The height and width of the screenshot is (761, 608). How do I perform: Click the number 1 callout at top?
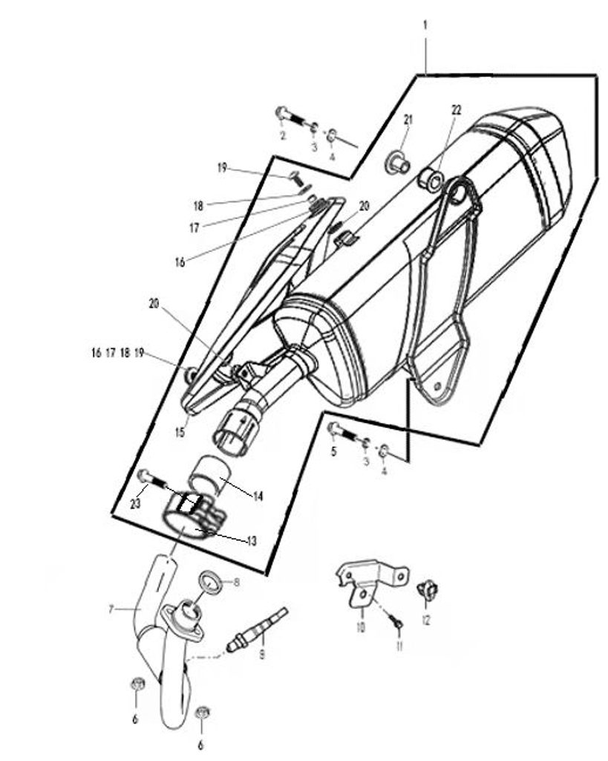pos(425,25)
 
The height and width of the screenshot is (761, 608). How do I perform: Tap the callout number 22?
pos(457,110)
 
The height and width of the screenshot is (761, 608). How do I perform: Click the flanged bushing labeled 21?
pos(398,163)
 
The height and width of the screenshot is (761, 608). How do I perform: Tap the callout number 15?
pos(180,432)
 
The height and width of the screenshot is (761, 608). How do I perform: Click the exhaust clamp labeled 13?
pos(193,517)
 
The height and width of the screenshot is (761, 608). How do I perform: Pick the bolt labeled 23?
pos(153,479)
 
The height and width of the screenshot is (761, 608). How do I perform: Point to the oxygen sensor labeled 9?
pos(257,629)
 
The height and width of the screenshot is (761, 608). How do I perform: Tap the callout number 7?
pos(111,609)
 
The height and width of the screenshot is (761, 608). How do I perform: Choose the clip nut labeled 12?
pos(427,589)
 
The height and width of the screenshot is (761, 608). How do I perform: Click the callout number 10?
pos(361,627)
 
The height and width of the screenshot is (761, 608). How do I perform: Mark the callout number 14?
pos(258,496)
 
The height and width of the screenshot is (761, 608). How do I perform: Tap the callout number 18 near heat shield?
pos(197,206)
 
